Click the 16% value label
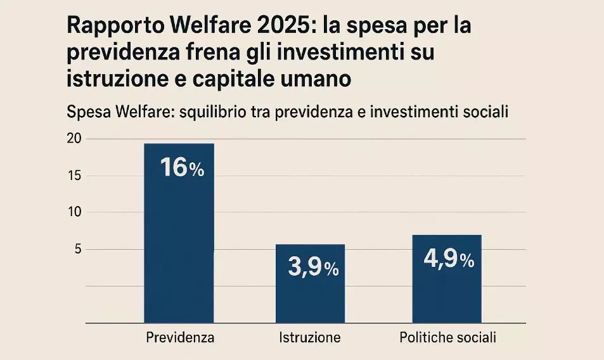coord(181,169)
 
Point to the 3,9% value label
coord(313,268)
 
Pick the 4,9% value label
coord(449,260)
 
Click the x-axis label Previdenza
coord(180,338)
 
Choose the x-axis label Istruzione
coord(310,338)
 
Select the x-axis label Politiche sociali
coord(447,338)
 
